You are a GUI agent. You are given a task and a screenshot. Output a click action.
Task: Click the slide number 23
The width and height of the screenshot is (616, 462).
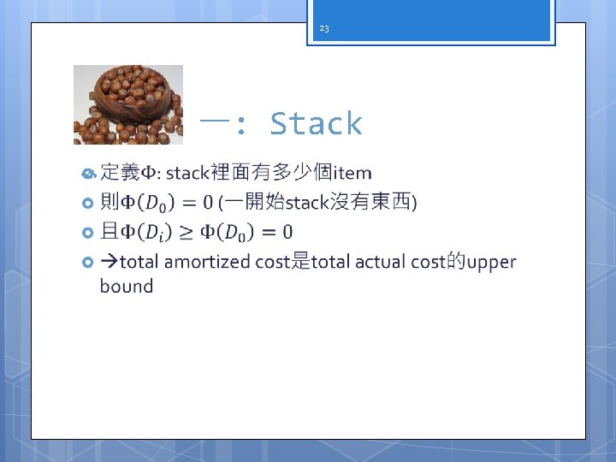click(x=323, y=29)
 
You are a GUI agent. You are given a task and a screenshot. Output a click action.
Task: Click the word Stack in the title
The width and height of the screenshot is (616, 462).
click(x=316, y=124)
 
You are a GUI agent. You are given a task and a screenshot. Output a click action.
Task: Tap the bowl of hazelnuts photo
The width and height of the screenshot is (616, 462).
click(x=127, y=104)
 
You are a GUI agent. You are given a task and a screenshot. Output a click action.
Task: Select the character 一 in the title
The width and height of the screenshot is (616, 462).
click(x=211, y=124)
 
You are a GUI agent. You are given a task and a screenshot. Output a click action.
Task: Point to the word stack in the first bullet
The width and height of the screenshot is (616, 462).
click(x=187, y=174)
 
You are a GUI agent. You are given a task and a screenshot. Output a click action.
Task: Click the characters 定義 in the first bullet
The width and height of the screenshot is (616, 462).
click(x=120, y=174)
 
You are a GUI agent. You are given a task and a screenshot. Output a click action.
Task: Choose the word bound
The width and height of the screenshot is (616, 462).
click(x=127, y=287)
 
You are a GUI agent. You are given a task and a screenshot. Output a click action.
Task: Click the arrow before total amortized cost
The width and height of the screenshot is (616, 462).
click(x=109, y=262)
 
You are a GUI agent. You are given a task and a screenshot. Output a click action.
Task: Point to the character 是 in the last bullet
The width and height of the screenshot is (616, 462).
click(x=300, y=262)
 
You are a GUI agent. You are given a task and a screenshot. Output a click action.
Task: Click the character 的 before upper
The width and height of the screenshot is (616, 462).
click(x=455, y=262)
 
